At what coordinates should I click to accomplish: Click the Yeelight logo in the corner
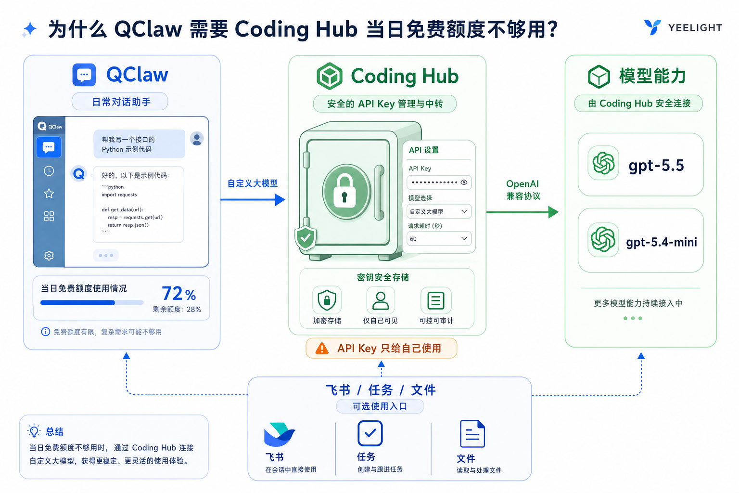click(x=652, y=27)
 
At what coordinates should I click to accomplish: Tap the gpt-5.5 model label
click(x=656, y=166)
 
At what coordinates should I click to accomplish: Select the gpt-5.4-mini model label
click(x=662, y=242)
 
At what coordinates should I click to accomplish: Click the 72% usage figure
click(x=179, y=294)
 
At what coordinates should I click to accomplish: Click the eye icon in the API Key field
click(x=464, y=182)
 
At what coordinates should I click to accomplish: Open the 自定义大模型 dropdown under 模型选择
click(x=439, y=211)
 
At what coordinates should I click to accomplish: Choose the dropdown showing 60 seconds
click(x=439, y=238)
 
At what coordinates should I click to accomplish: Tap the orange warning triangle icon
click(x=322, y=349)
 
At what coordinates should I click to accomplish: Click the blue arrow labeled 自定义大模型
click(x=253, y=199)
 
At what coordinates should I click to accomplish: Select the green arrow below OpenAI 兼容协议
click(x=522, y=212)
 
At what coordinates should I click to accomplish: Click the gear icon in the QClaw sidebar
click(x=49, y=255)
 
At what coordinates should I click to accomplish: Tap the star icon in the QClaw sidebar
click(x=49, y=193)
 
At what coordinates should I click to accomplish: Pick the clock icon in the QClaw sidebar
click(x=49, y=171)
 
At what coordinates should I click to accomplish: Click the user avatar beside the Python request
click(x=197, y=139)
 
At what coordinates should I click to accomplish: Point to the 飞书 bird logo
click(x=279, y=434)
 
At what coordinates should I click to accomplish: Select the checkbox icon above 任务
click(x=370, y=433)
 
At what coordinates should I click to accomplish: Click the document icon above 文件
click(x=472, y=434)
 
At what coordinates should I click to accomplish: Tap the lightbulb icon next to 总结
click(x=34, y=431)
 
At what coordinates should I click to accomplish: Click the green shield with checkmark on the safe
click(x=305, y=237)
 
